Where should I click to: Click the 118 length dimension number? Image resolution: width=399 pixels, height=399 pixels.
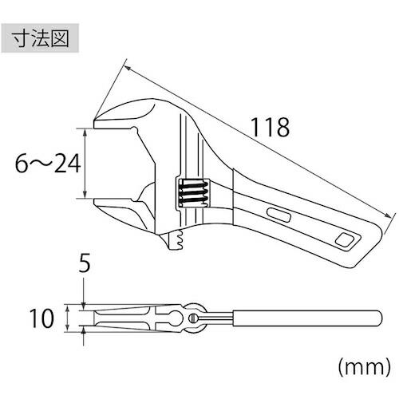pyautogui.click(x=269, y=127)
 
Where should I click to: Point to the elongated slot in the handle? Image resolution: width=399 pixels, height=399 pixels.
pyautogui.click(x=279, y=215)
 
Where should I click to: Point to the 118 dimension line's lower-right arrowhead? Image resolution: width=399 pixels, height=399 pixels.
pyautogui.click(x=392, y=214)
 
